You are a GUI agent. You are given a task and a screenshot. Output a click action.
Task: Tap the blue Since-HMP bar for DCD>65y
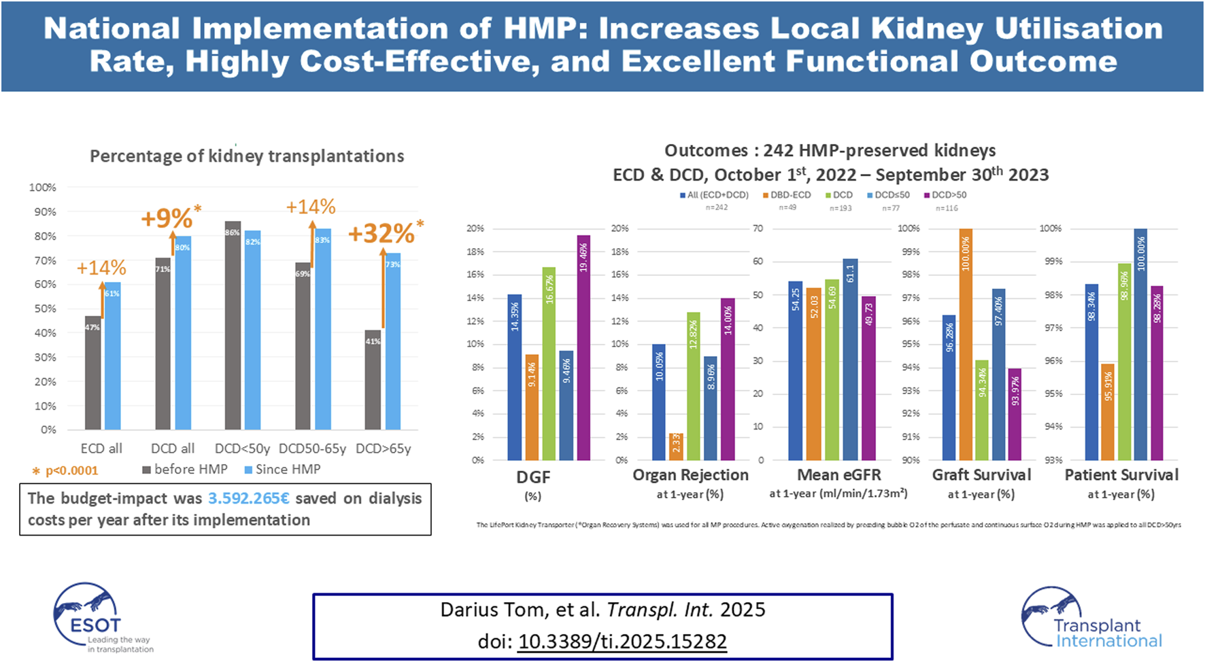393,341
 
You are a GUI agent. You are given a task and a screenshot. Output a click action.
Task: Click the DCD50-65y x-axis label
312,449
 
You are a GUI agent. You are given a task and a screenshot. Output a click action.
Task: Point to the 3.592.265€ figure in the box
249,498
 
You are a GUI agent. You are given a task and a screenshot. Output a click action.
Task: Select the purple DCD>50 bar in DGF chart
583,348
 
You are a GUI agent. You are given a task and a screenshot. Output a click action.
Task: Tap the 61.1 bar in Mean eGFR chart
850,360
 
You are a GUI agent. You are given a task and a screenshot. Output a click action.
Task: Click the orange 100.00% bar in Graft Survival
966,345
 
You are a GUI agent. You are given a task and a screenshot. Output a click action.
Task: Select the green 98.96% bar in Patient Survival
1124,362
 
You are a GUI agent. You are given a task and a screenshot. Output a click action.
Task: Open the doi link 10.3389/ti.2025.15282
622,642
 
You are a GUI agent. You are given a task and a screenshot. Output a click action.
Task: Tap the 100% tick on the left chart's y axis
42,188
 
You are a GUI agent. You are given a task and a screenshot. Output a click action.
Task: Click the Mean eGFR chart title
838,475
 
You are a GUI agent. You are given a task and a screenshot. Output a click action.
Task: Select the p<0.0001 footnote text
71,470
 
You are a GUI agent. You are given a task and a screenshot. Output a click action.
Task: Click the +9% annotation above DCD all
167,219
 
